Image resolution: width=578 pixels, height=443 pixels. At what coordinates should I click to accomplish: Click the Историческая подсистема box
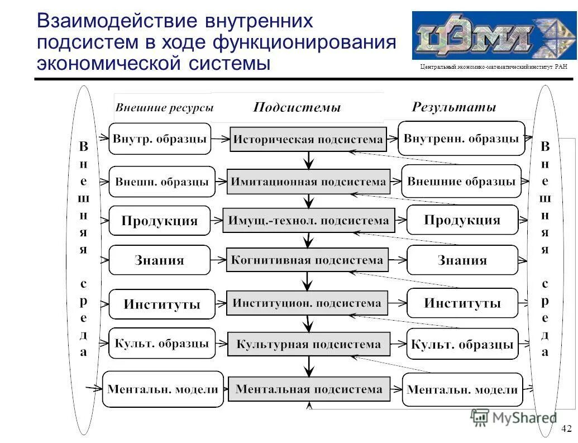tap(308, 139)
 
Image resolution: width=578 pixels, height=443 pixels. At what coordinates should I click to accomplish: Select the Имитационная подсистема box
tap(308, 182)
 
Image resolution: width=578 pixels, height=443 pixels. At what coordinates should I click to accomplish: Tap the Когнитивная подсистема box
tap(307, 260)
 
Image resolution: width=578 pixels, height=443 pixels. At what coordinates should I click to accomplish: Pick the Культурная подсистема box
tap(308, 344)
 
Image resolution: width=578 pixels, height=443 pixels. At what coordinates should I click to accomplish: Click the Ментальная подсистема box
tap(309, 389)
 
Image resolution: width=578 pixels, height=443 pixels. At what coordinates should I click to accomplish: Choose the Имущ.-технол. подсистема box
tap(308, 220)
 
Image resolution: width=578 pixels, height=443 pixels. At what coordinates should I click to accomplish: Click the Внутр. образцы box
tap(160, 139)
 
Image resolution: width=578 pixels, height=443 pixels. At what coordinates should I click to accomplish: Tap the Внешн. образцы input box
tap(162, 182)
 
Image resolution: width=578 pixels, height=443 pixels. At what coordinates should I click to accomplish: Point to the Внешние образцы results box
tap(461, 181)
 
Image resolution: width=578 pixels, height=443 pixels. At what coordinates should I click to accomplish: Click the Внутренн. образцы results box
tap(461, 138)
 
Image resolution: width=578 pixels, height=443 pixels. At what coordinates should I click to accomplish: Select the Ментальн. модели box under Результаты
tap(462, 389)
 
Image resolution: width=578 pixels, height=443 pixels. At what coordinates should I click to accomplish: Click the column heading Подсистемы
tap(297, 107)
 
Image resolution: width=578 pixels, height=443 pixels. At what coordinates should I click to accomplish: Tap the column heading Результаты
tap(453, 107)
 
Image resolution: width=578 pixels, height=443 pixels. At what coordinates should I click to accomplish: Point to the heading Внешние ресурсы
tap(164, 108)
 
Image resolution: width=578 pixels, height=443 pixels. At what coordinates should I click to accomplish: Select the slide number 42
tap(566, 428)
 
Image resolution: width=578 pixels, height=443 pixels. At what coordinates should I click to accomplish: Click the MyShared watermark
tap(514, 417)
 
